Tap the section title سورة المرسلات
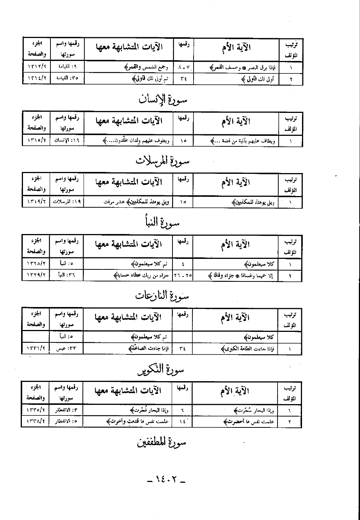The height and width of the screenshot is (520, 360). [163, 161]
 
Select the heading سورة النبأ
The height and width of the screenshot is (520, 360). [163, 222]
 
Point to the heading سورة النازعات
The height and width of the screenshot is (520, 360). [163, 296]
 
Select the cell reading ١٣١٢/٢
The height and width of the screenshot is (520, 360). [37, 67]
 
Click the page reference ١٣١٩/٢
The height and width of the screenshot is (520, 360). [36, 202]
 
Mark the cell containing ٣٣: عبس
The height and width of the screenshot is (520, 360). [66, 349]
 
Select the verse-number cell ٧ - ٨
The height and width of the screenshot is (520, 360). [183, 67]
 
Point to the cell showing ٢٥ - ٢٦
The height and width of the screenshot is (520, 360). [183, 275]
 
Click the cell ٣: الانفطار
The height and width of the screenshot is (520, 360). [66, 410]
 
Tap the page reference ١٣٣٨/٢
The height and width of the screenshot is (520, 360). [36, 422]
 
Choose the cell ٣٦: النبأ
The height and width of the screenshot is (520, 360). [66, 275]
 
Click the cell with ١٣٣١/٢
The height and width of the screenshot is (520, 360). [36, 349]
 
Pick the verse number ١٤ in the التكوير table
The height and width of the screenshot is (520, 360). [183, 422]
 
